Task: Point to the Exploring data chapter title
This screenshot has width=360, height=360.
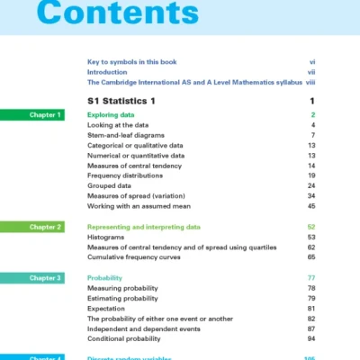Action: coord(113,115)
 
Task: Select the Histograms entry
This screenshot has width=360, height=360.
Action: coord(105,238)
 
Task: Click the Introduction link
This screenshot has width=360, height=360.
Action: coord(107,71)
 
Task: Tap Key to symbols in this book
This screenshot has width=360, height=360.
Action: coord(131,61)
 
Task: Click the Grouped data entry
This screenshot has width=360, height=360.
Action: coord(111,185)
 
